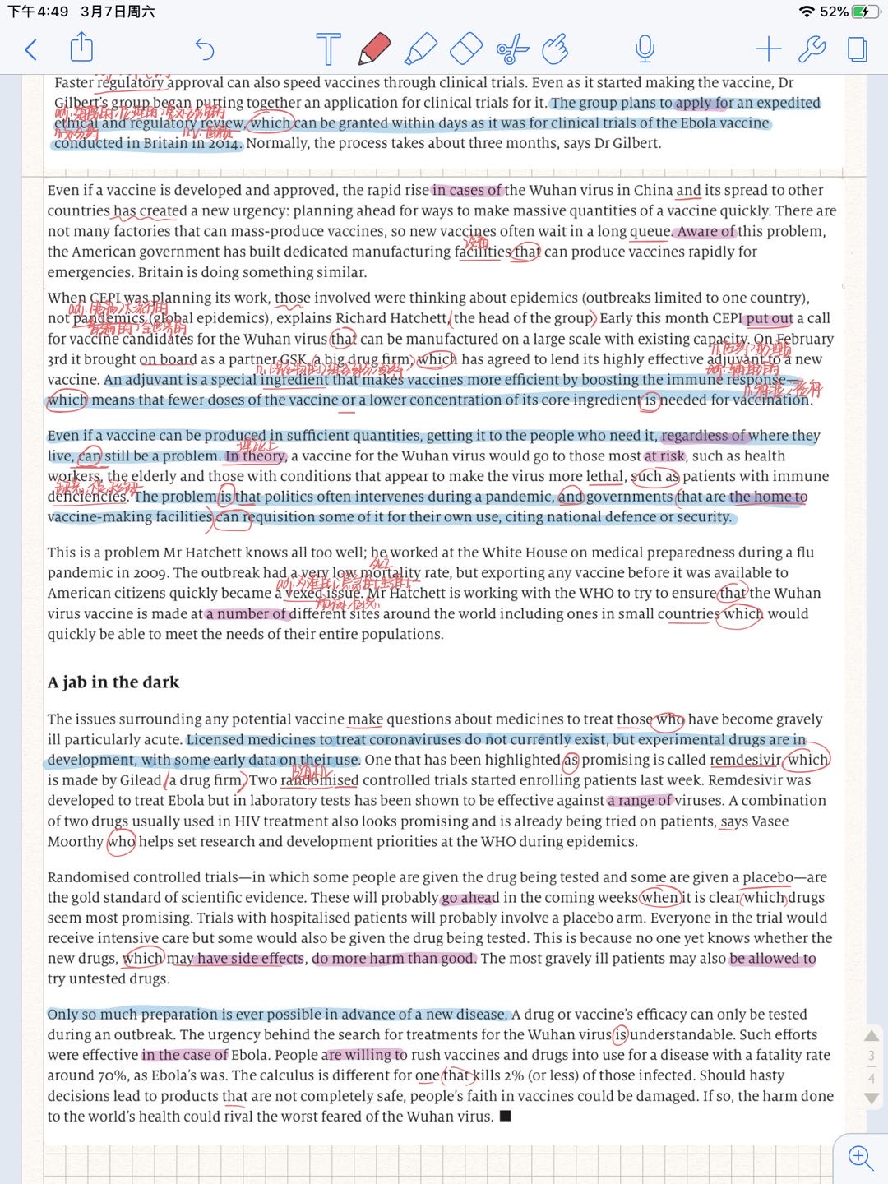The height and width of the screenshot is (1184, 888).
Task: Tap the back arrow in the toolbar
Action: click(31, 50)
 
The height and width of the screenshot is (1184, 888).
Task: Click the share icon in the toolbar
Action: click(81, 48)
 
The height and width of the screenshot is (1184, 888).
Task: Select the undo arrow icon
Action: click(204, 50)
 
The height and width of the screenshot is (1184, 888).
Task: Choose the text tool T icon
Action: click(328, 49)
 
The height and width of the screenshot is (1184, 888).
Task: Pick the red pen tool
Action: click(375, 49)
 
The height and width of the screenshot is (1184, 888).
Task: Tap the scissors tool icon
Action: click(512, 49)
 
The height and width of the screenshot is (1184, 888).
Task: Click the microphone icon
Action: click(645, 49)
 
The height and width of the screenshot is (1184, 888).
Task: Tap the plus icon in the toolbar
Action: click(768, 49)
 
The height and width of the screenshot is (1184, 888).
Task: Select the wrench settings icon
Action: click(812, 49)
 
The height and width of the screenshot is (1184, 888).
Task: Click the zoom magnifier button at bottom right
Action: click(860, 1158)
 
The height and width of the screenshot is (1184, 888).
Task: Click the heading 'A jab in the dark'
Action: click(113, 682)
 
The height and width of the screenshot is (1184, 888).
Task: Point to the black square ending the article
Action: click(506, 1116)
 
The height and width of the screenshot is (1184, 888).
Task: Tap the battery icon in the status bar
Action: click(866, 12)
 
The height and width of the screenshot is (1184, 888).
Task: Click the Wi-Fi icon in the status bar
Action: click(807, 12)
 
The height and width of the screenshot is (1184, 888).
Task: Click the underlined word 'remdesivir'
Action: click(745, 760)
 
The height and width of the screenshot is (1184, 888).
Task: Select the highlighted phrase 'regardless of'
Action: click(704, 436)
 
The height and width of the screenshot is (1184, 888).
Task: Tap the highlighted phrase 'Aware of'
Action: click(705, 232)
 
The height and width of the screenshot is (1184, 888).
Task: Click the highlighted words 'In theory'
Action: click(255, 456)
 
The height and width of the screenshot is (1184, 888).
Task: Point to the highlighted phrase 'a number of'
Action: click(246, 614)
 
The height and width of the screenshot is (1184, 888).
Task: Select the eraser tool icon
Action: click(466, 49)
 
